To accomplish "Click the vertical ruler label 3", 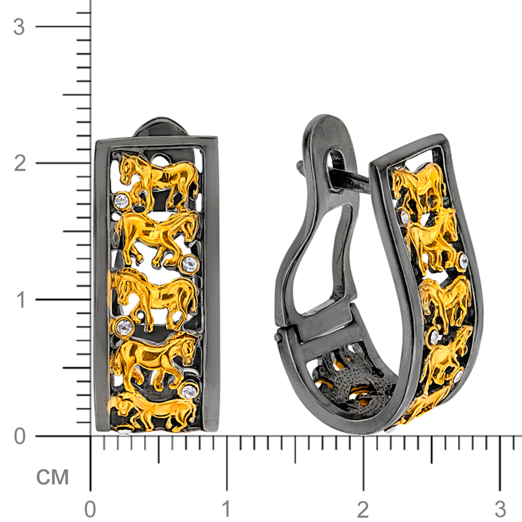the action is tap(19, 27).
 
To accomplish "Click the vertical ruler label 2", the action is tap(20, 163).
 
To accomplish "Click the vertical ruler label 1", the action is tap(21, 300).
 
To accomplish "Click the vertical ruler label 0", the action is tap(20, 436).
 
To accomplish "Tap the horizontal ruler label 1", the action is tap(227, 509).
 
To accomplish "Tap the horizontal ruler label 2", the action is tap(363, 509).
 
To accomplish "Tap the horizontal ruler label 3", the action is tap(500, 509).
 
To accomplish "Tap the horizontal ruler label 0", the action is tap(90, 509).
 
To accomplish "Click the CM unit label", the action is tap(52, 477).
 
